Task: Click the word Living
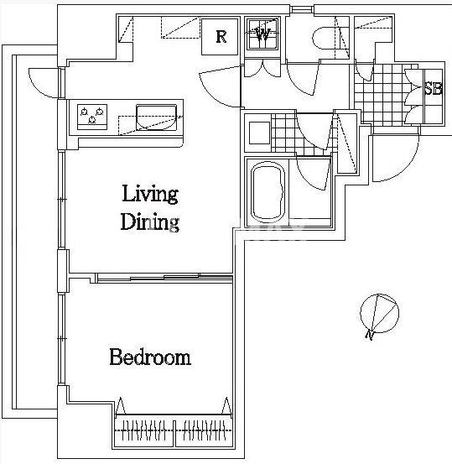150,195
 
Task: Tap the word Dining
149,222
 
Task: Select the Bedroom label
150,357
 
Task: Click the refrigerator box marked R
220,37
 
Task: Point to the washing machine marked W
262,34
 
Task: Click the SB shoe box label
434,89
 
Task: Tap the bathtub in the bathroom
268,192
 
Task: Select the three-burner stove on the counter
92,117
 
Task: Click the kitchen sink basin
157,117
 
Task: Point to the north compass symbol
380,313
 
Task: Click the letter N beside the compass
370,336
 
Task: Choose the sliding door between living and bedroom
164,278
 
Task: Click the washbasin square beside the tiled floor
259,133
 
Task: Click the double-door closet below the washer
262,69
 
